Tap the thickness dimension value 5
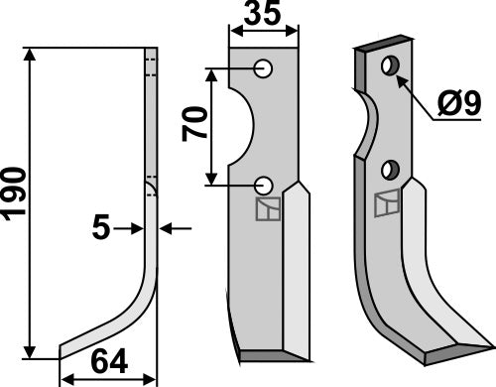(x=101, y=229)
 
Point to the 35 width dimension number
(x=264, y=17)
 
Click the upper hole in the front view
(x=264, y=68)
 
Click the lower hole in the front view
(x=264, y=184)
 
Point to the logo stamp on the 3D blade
(x=388, y=203)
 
